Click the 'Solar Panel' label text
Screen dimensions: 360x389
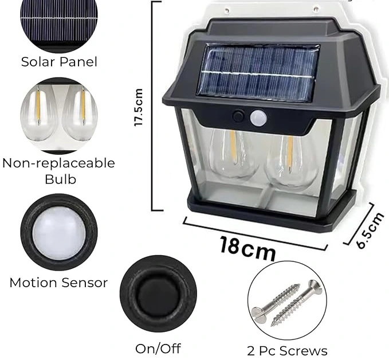59,62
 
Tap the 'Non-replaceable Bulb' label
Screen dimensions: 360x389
59,171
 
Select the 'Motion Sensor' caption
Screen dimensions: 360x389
58,283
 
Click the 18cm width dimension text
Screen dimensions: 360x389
247,248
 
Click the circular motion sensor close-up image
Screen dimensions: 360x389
58,232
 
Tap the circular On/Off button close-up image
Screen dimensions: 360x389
158,293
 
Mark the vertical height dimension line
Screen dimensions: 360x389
153,106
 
